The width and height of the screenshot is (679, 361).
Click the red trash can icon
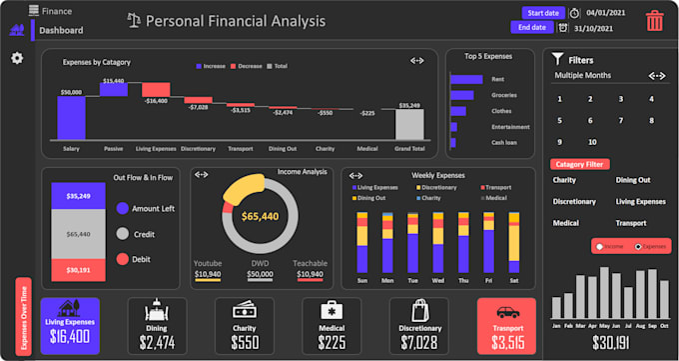point(654,21)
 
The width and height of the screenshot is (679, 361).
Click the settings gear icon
point(17,58)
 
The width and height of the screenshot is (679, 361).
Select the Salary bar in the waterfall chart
point(71,118)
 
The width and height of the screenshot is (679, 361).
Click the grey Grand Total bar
point(409,124)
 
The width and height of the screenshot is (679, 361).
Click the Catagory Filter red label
point(580,164)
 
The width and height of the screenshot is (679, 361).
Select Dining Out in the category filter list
point(634,180)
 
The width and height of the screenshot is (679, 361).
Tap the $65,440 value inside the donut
point(259,216)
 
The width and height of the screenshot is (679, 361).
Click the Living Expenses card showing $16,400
point(70,327)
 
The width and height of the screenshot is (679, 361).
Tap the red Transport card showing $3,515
point(506,327)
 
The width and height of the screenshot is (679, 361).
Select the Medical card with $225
point(331,327)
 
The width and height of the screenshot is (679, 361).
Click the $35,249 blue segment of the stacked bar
point(79,196)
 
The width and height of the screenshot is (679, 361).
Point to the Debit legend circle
point(123,259)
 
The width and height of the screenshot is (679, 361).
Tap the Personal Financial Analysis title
point(236,21)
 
